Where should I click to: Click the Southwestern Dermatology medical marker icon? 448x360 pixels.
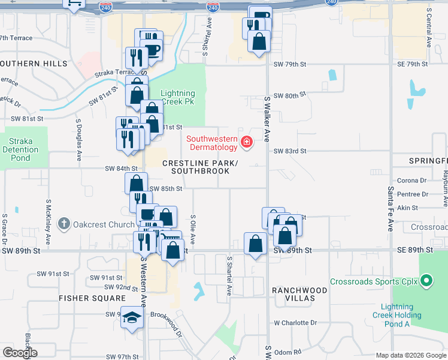(x=246, y=142)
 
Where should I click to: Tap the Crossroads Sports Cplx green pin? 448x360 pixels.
(x=426, y=281)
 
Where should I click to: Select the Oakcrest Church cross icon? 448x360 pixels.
(x=64, y=225)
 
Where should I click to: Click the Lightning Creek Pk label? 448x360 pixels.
(x=177, y=97)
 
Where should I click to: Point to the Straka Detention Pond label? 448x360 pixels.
(x=20, y=150)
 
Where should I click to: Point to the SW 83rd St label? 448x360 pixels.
(x=290, y=151)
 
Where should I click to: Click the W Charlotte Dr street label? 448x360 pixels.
(x=295, y=323)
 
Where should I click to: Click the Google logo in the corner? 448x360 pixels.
(x=20, y=353)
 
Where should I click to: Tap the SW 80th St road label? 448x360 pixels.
(x=290, y=95)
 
